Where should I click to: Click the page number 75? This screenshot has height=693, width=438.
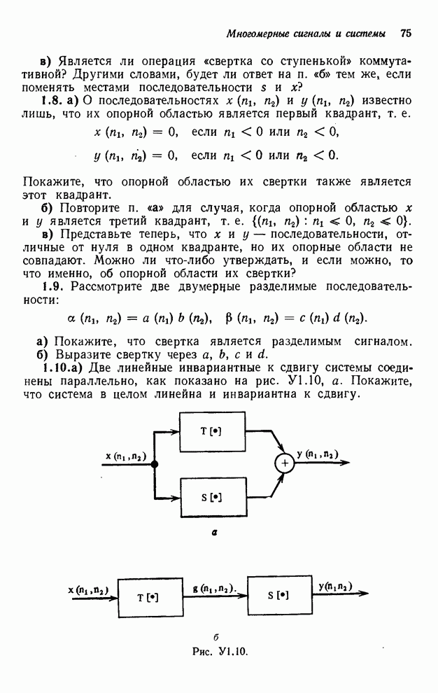click(407, 32)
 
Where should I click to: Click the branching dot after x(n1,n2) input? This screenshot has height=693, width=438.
click(155, 464)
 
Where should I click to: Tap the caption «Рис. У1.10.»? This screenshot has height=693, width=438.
click(220, 651)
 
